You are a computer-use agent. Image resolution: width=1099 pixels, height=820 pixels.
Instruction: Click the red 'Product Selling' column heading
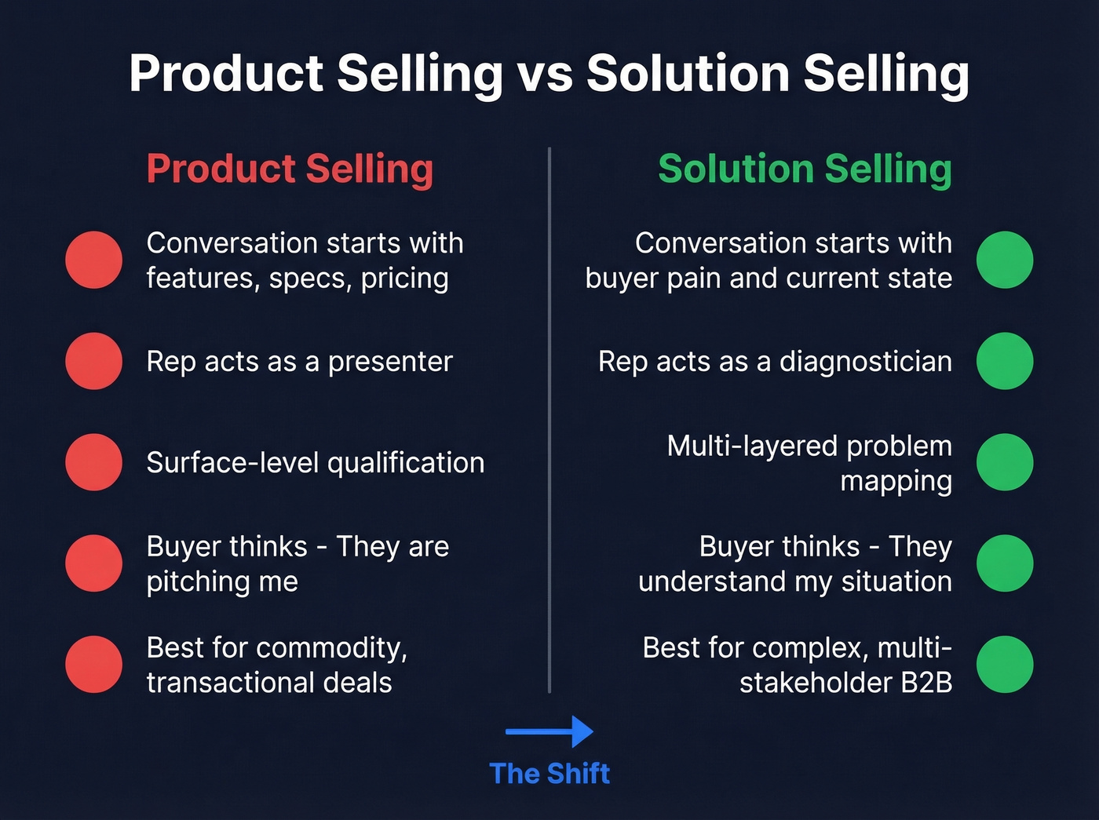290,169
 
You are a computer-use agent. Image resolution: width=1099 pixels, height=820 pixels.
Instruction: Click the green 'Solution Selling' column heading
805,169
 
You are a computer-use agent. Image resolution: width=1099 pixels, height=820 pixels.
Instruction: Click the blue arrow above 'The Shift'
549,731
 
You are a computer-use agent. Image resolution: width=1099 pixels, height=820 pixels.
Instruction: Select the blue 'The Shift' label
549,774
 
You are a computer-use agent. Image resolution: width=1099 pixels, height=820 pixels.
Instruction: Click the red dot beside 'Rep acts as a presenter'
94,361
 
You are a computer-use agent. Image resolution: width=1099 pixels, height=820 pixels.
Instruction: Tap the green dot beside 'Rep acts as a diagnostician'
1005,361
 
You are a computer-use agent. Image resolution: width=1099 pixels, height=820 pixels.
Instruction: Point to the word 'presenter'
390,362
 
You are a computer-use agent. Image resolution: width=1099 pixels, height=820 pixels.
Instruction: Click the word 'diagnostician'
865,362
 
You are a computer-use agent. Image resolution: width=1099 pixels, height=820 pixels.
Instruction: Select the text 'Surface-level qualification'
315,463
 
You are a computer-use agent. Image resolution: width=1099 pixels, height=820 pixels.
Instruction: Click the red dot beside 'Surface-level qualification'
94,462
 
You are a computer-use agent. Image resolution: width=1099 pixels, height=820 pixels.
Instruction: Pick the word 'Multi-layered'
752,446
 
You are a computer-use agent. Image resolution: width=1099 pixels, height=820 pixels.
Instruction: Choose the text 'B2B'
926,683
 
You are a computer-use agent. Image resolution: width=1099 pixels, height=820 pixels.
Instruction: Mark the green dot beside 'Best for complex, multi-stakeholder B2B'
1005,665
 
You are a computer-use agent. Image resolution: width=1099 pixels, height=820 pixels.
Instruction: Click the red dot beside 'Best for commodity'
94,665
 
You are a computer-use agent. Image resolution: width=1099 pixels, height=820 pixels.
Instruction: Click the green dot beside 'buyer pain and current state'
1005,260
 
